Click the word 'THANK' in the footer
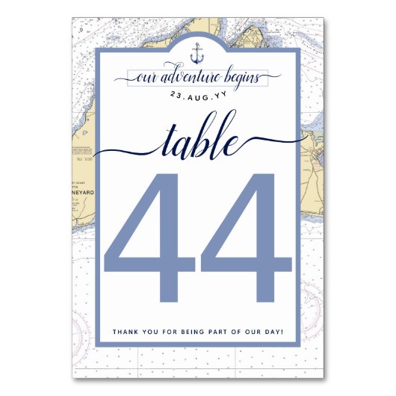(124, 331)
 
